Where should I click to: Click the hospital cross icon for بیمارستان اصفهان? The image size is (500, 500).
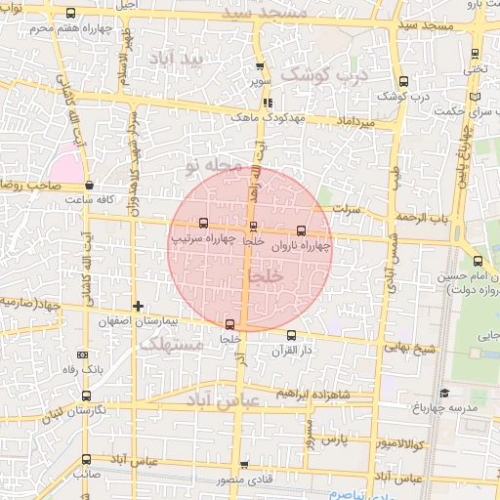(x=139, y=306)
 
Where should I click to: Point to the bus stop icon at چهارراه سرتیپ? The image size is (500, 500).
(x=202, y=223)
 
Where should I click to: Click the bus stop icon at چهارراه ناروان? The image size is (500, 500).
(x=300, y=230)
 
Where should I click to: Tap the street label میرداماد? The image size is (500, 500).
(x=354, y=124)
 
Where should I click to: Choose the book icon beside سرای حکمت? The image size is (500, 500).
(x=475, y=98)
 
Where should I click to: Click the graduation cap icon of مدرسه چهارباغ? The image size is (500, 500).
(x=445, y=393)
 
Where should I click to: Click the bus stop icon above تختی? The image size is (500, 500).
(x=476, y=54)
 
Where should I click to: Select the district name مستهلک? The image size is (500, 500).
(x=170, y=344)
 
